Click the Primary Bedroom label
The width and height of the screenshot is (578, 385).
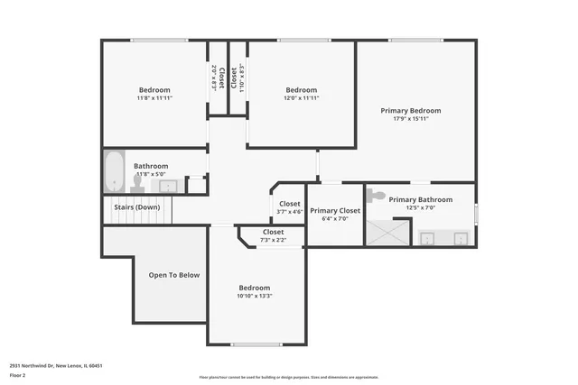pyautogui.click(x=416, y=110)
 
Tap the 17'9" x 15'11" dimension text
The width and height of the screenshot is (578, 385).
pyautogui.click(x=416, y=118)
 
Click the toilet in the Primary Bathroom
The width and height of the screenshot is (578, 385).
pyautogui.click(x=378, y=196)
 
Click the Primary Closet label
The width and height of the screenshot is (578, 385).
pyautogui.click(x=335, y=210)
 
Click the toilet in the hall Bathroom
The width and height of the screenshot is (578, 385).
pyautogui.click(x=137, y=183)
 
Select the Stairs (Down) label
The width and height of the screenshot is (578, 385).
pyautogui.click(x=136, y=207)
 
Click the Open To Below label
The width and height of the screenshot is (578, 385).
pyautogui.click(x=174, y=275)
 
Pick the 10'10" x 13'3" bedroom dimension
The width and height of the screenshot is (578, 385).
pyautogui.click(x=255, y=296)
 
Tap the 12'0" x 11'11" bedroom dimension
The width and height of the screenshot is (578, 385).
pyautogui.click(x=302, y=97)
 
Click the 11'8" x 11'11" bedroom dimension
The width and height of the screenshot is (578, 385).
pyautogui.click(x=154, y=97)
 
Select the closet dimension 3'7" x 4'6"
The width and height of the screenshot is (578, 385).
pyautogui.click(x=290, y=212)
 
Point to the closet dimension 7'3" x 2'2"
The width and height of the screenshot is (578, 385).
pyautogui.click(x=273, y=240)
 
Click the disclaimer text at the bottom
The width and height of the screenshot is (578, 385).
pyautogui.click(x=289, y=377)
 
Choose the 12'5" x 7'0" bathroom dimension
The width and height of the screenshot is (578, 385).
pyautogui.click(x=421, y=207)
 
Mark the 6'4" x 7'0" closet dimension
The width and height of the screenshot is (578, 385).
pyautogui.click(x=335, y=218)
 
